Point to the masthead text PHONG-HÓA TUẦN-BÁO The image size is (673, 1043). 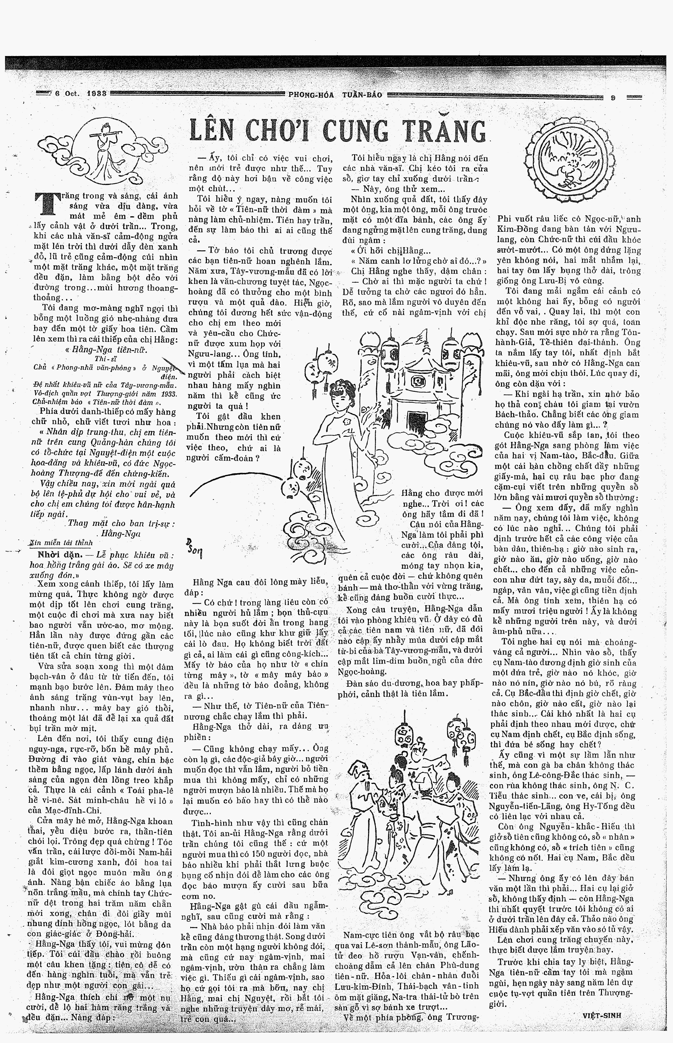pyautogui.click(x=335, y=95)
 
